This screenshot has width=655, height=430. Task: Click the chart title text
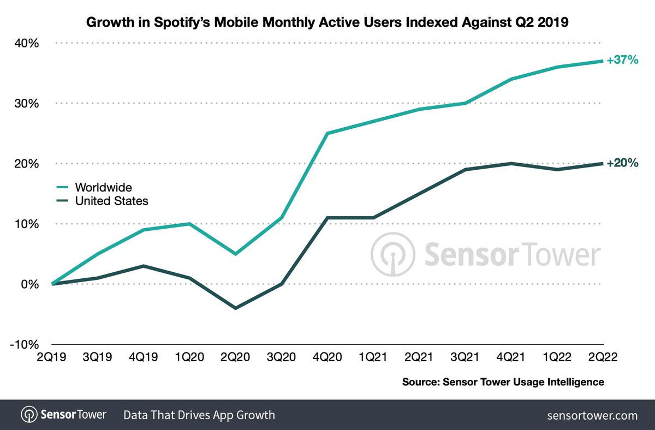pos(327,23)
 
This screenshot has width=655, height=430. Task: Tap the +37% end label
pos(622,61)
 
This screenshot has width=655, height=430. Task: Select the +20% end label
pos(622,163)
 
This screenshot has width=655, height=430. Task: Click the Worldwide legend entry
pos(103,188)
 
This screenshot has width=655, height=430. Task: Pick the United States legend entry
pos(111,201)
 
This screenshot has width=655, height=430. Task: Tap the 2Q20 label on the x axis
pos(235,357)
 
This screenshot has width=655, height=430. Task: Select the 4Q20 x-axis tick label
pos(327,357)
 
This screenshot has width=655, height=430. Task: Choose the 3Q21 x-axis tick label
pos(465,357)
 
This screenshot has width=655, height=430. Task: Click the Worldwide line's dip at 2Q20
pos(235,254)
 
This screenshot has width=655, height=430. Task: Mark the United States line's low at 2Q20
pos(235,308)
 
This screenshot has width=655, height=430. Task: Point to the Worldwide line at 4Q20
pos(327,133)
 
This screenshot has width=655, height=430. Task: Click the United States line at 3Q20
pos(282,284)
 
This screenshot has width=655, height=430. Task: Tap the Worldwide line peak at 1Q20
pos(189,224)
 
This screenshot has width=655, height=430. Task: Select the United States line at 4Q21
pos(511,163)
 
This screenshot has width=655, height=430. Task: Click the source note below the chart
pos(503,382)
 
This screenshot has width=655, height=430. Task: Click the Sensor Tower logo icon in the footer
pos(28,415)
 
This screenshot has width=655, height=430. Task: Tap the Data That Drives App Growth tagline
pos(199,415)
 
